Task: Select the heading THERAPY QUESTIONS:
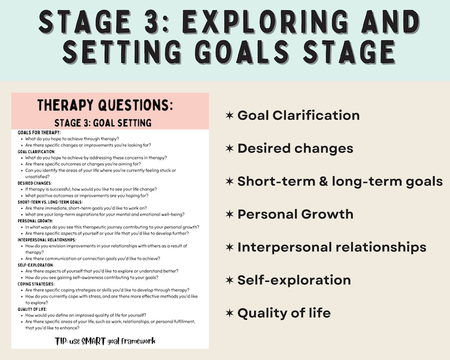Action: tap(105, 105)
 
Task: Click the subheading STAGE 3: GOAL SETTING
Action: tap(103, 122)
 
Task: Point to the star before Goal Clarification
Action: tap(229, 116)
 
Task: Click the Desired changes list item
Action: tap(295, 149)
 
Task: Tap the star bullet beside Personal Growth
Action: tap(229, 214)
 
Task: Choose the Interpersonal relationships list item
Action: tap(332, 247)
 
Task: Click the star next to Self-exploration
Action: tap(229, 280)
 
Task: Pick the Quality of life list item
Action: tap(284, 313)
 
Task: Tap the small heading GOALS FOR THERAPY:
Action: tap(39, 133)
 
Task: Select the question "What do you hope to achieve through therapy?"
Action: tap(80, 139)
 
